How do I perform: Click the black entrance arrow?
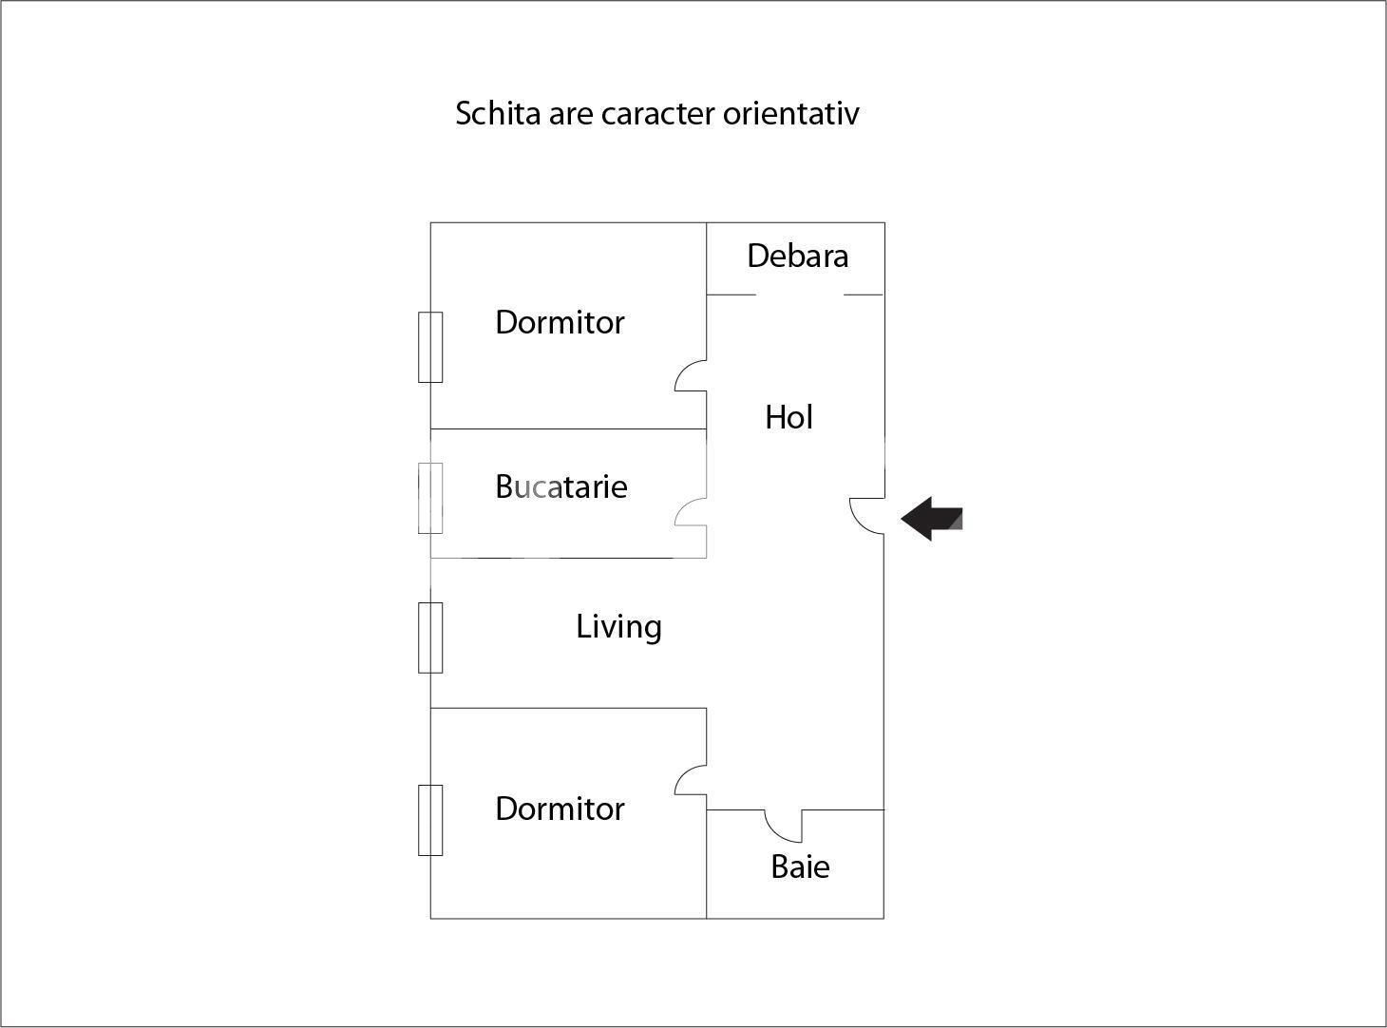[x=931, y=518]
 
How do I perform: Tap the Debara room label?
[x=797, y=256]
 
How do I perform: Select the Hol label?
[x=788, y=417]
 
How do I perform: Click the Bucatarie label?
[x=560, y=486]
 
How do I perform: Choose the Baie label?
[x=800, y=867]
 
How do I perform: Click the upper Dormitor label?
[x=560, y=323]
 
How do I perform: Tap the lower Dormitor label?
[x=560, y=809]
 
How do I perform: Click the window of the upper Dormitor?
[x=430, y=347]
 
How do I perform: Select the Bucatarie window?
[x=430, y=498]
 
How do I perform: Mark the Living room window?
[x=430, y=638]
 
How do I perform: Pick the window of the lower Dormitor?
[x=430, y=820]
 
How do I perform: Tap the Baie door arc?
[x=783, y=826]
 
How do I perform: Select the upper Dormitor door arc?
[x=691, y=376]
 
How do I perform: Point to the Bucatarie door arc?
[x=691, y=512]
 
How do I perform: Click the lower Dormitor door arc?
[x=691, y=780]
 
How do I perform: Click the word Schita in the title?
[x=498, y=113]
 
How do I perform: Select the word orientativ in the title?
[x=791, y=113]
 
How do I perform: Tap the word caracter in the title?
[x=657, y=115]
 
